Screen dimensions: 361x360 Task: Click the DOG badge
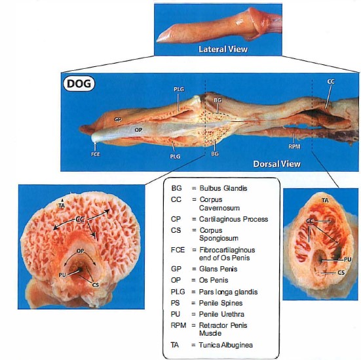[x=79, y=83]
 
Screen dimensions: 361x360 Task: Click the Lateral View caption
[x=223, y=49]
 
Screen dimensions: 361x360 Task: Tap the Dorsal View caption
[x=276, y=164]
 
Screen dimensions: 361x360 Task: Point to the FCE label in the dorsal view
[x=96, y=154]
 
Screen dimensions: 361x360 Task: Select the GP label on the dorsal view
[x=118, y=119]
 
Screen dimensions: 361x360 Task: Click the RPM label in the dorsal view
[x=294, y=146]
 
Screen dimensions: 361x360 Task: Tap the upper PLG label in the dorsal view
[x=179, y=89]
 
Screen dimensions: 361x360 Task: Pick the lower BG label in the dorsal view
[x=215, y=153]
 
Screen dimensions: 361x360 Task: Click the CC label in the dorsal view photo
[x=331, y=81]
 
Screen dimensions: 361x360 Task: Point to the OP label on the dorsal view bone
[x=138, y=130]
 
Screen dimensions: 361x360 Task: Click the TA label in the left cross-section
[x=62, y=205]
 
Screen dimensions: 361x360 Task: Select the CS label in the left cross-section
[x=95, y=285]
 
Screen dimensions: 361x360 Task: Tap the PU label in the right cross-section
[x=348, y=260]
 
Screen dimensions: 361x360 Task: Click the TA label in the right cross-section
[x=325, y=201]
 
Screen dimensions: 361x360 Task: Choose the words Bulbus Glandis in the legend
[x=223, y=188]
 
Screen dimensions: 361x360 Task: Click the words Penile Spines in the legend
[x=221, y=303]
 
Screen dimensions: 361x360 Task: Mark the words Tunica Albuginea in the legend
[x=225, y=345]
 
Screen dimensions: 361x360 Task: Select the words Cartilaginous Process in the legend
[x=233, y=219]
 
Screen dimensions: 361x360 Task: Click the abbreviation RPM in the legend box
[x=178, y=325]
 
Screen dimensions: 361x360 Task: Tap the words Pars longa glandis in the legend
[x=228, y=292]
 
